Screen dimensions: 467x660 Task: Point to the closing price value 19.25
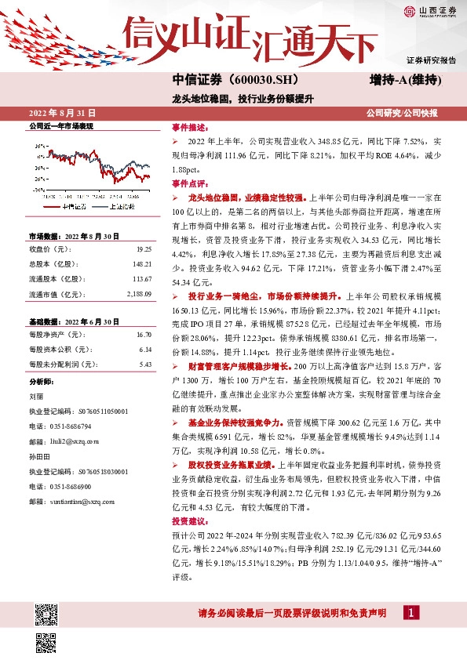coord(144,248)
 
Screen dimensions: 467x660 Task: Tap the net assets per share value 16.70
coord(144,334)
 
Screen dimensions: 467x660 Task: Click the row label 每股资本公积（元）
coord(62,349)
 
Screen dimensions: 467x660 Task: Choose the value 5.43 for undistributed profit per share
coord(144,364)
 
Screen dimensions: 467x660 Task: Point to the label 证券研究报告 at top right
coord(431,60)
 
